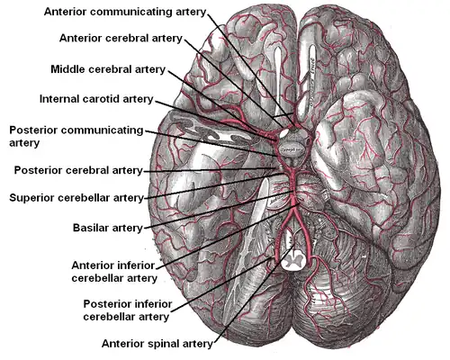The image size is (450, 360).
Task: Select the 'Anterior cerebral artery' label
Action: (x=121, y=39)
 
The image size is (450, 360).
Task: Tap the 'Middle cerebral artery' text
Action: (x=107, y=68)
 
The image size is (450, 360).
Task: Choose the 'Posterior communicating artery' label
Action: (x=76, y=136)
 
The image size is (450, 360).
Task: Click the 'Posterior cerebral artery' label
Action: (x=78, y=170)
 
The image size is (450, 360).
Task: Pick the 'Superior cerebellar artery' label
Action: (x=76, y=197)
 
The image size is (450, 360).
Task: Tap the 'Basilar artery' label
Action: (x=107, y=228)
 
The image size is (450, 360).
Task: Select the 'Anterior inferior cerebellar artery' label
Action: (x=112, y=272)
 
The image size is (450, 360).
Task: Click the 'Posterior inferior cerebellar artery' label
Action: (x=125, y=310)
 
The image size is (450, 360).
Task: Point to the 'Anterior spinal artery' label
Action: (x=157, y=343)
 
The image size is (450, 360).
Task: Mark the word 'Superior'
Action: (x=34, y=197)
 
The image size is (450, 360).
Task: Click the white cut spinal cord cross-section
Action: (x=293, y=260)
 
